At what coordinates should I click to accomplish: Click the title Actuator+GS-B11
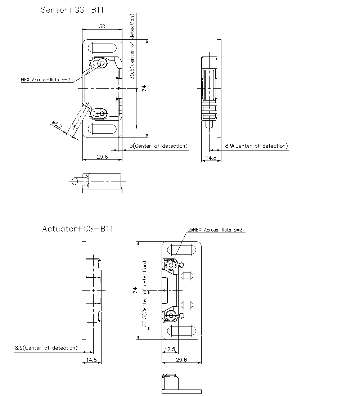click(77, 229)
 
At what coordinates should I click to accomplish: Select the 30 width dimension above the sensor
click(102, 26)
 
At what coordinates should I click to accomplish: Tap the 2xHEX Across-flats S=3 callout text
click(216, 230)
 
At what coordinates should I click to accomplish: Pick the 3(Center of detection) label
click(158, 146)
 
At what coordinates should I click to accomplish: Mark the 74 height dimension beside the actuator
click(135, 290)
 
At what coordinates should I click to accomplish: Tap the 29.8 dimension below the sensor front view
click(102, 157)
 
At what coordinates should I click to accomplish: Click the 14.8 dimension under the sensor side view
click(211, 157)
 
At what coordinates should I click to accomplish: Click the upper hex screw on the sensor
click(102, 63)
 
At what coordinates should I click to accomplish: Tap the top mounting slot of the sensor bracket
click(102, 48)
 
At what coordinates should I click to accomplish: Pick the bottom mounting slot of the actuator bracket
click(181, 330)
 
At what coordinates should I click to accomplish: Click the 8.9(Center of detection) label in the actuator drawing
click(46, 348)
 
